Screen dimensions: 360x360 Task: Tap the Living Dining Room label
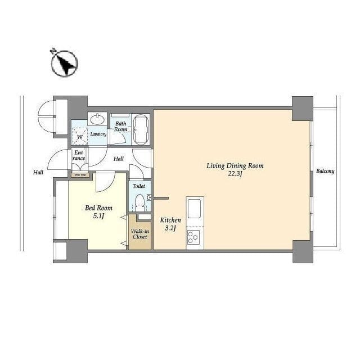click(x=235, y=165)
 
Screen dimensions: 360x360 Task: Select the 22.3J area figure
click(x=235, y=174)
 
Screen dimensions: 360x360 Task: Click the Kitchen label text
click(x=170, y=220)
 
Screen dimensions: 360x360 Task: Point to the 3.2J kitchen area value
click(x=170, y=228)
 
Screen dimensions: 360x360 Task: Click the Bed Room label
click(x=99, y=208)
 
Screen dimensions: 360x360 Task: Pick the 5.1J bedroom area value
click(x=99, y=216)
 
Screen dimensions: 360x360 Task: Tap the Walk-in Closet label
click(x=140, y=234)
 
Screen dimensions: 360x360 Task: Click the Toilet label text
click(x=139, y=186)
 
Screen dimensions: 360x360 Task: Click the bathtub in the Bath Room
click(x=141, y=130)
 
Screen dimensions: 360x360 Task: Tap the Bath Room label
click(x=121, y=127)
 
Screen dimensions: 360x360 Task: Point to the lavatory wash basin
click(x=97, y=119)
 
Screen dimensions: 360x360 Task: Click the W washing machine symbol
click(x=80, y=137)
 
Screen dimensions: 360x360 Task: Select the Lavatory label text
click(x=98, y=134)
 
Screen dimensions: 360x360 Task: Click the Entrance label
click(x=79, y=155)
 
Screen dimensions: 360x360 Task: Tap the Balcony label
click(x=325, y=171)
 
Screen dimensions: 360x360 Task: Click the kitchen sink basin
click(x=194, y=209)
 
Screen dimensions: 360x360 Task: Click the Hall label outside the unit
click(x=38, y=172)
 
